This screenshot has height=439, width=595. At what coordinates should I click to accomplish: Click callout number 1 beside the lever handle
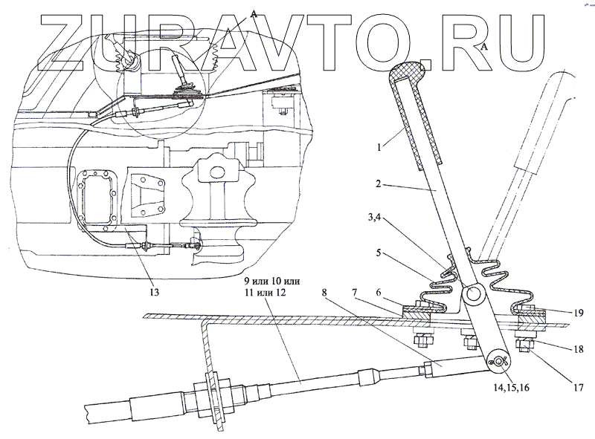(381, 148)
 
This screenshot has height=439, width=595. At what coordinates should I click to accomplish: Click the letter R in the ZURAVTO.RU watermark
(447, 36)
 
